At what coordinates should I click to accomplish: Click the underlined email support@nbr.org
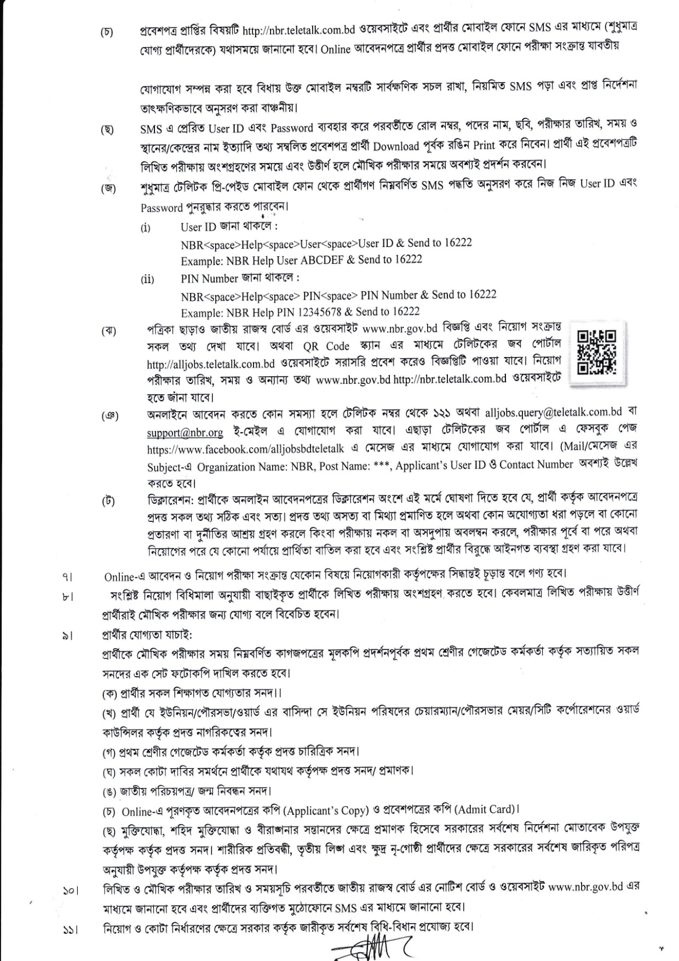click(x=185, y=433)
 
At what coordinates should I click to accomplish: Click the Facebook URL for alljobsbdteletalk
click(x=245, y=449)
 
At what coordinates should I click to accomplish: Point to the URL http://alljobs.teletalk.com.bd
click(x=210, y=364)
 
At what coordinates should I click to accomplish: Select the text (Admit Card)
click(x=485, y=809)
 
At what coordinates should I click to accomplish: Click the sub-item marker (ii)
click(x=147, y=280)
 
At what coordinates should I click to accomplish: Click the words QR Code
click(x=326, y=346)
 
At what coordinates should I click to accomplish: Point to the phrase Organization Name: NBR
click(x=255, y=467)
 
